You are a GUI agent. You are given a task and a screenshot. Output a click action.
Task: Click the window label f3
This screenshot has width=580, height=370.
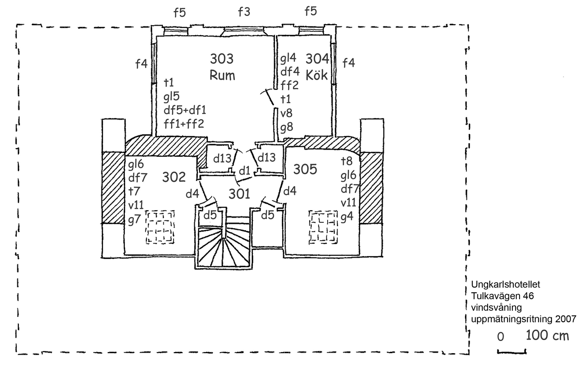tap(244, 12)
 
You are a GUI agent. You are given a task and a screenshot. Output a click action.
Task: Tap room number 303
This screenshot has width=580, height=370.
tap(222, 59)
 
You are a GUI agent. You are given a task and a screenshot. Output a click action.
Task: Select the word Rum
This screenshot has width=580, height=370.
tap(222, 75)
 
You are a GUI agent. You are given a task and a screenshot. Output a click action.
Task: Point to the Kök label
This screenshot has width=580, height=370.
tap(317, 75)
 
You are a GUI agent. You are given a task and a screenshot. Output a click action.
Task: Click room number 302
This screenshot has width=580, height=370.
tap(174, 177)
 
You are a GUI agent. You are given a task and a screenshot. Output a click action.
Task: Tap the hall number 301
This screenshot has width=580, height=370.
tap(239, 194)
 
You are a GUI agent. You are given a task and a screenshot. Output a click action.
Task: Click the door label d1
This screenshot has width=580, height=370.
tap(244, 170)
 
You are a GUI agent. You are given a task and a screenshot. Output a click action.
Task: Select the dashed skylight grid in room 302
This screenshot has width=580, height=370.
tap(161, 227)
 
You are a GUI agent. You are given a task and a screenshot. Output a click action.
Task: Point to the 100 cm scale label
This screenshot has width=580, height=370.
tap(547, 335)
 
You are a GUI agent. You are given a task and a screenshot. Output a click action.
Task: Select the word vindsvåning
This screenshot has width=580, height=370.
tap(494, 307)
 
